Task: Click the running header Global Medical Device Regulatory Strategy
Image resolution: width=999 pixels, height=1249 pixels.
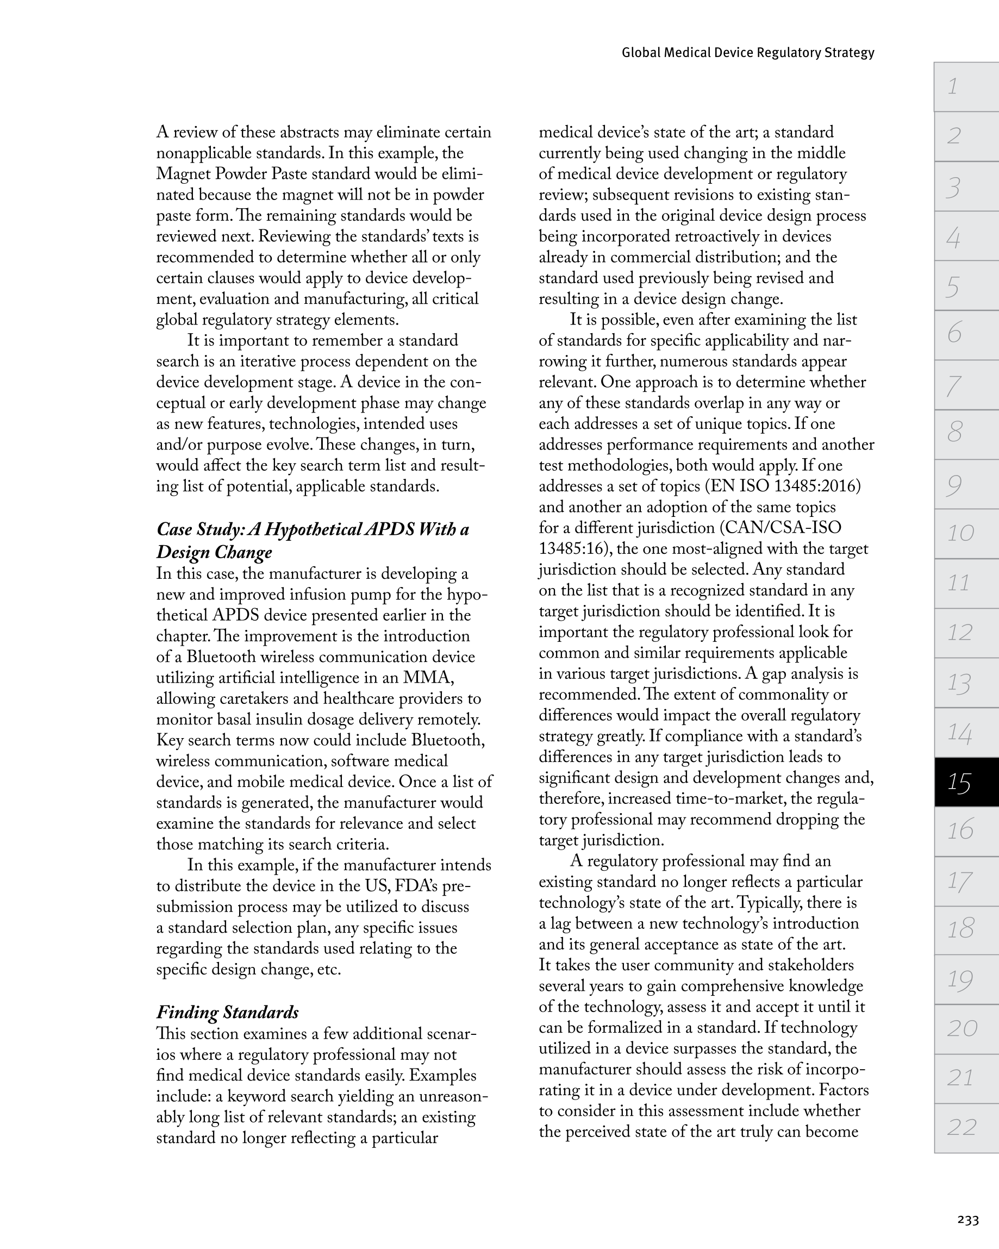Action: pos(747,53)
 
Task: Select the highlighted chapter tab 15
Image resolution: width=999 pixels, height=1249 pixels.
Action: pos(965,783)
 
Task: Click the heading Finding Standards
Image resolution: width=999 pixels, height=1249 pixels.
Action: pos(227,1012)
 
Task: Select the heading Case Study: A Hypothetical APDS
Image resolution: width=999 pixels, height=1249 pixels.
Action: pos(313,529)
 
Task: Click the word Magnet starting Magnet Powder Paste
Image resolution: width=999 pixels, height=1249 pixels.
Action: pos(182,174)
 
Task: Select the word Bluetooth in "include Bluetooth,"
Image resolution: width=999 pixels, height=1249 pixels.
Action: pos(447,740)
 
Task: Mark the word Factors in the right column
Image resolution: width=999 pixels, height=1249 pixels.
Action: pos(844,1090)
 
